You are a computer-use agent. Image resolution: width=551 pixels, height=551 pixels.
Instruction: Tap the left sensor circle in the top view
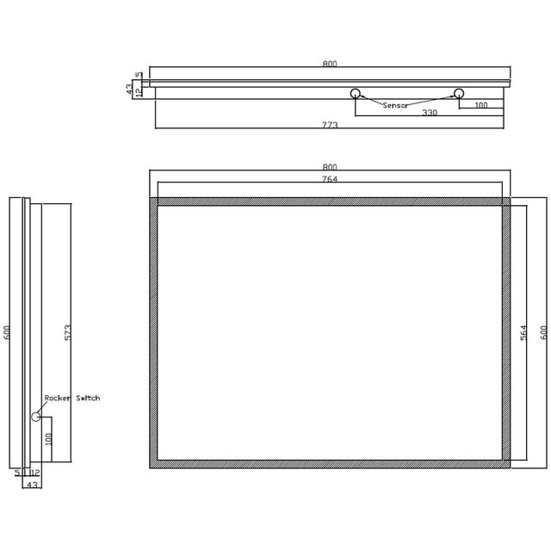pos(354,93)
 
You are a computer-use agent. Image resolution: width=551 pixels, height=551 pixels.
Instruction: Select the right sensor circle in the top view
pos(458,93)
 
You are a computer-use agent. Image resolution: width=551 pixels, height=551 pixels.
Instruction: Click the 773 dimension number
pos(329,125)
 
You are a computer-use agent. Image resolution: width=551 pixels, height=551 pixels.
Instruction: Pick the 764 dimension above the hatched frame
pos(329,178)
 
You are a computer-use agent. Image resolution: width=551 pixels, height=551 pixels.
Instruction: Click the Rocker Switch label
pos(71,398)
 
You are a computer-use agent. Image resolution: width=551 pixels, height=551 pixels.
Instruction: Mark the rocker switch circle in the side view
pos(35,418)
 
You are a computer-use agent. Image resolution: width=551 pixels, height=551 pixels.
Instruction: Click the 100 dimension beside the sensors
pos(480,104)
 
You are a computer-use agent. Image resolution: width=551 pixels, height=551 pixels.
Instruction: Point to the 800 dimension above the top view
pos(329,62)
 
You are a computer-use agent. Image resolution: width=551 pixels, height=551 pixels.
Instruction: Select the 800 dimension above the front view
pos(329,166)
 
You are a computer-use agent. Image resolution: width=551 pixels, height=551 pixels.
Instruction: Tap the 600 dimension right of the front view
pos(543,333)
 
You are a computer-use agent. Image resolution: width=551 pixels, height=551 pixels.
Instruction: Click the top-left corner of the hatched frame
pos(151,199)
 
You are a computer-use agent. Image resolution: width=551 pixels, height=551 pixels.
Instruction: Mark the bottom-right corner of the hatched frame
pos(511,467)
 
